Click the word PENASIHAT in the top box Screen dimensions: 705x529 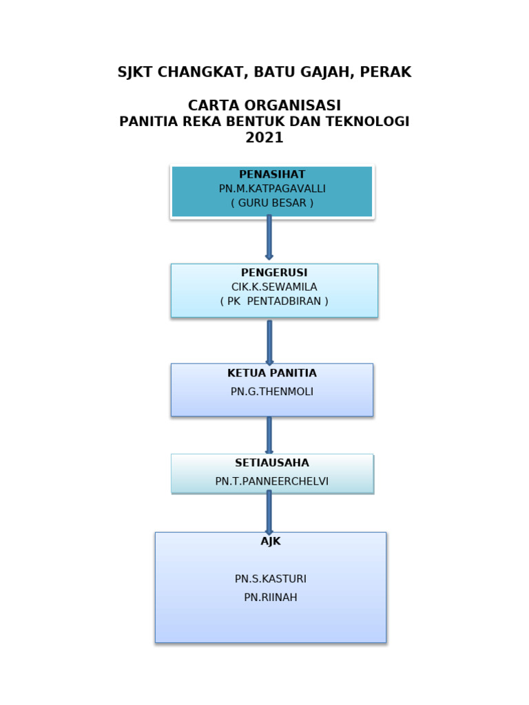click(x=271, y=174)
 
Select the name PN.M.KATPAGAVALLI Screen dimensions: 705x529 click(x=272, y=189)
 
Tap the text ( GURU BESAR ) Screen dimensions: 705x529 click(x=272, y=203)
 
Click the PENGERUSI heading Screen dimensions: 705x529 click(x=274, y=273)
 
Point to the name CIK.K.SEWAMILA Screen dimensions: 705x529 click(x=274, y=287)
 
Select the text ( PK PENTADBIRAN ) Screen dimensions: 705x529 click(x=274, y=302)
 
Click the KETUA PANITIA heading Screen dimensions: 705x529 click(x=272, y=373)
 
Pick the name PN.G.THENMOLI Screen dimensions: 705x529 click(x=272, y=392)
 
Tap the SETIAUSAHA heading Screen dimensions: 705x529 click(x=272, y=463)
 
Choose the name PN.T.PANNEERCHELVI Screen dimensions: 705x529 click(x=272, y=481)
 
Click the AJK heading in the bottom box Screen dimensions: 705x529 click(x=271, y=541)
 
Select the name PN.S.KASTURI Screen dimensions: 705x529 click(x=271, y=579)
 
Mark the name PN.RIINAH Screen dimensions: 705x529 click(x=271, y=598)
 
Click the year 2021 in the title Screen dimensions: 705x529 click(x=264, y=138)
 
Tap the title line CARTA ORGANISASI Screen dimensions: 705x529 click(x=264, y=105)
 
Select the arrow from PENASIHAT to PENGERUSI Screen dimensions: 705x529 click(x=269, y=238)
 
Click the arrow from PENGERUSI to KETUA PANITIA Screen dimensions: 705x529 click(x=269, y=341)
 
